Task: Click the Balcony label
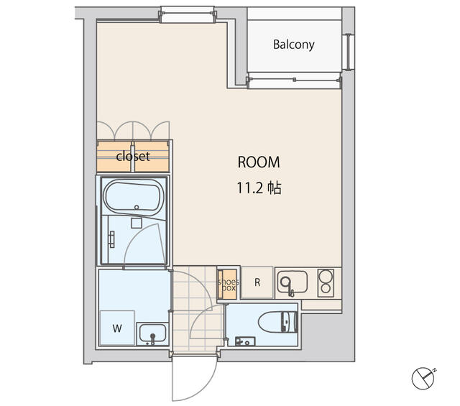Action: pyautogui.click(x=294, y=45)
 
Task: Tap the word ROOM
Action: pyautogui.click(x=259, y=162)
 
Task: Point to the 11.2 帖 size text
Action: pyautogui.click(x=259, y=188)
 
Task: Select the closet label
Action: pyautogui.click(x=133, y=156)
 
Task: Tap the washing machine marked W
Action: pyautogui.click(x=117, y=328)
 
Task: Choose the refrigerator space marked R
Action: pyautogui.click(x=257, y=282)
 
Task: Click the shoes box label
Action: pyautogui.click(x=229, y=285)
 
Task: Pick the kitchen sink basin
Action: pyautogui.click(x=293, y=282)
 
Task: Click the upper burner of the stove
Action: pyautogui.click(x=326, y=276)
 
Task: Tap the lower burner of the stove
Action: pyautogui.click(x=326, y=288)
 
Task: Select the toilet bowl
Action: pyautogui.click(x=278, y=322)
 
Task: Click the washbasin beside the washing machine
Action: pyautogui.click(x=152, y=333)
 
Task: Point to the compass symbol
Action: pyautogui.click(x=423, y=379)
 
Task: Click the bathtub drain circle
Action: pyautogui.click(x=137, y=207)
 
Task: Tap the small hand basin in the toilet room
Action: pyautogui.click(x=245, y=341)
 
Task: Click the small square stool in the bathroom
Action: pyautogui.click(x=137, y=223)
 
